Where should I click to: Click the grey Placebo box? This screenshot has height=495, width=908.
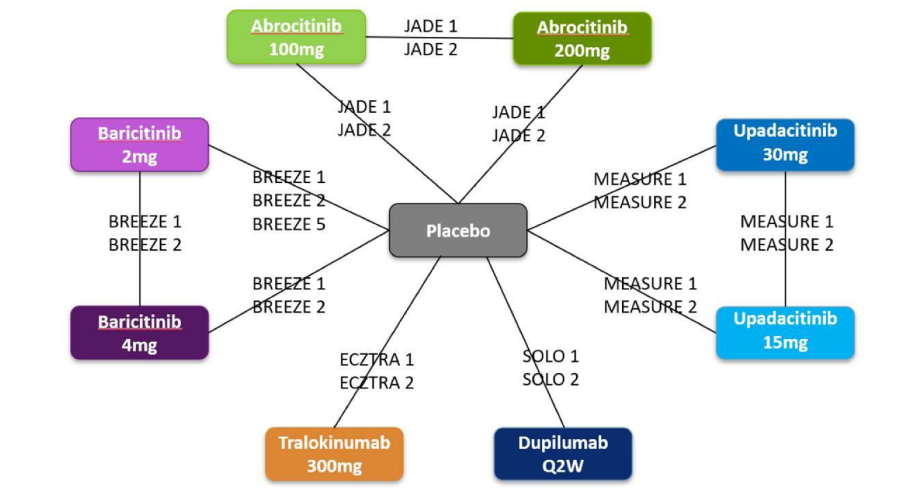click(x=458, y=230)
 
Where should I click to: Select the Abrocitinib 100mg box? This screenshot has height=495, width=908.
click(x=296, y=37)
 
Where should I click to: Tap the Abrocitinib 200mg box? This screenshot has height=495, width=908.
click(x=582, y=39)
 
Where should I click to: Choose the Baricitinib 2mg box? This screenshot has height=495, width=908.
click(x=139, y=145)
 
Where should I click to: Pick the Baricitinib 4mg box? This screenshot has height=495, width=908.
click(x=139, y=333)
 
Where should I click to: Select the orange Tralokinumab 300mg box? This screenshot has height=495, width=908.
click(x=334, y=454)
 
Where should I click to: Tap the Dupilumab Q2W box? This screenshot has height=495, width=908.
click(x=563, y=454)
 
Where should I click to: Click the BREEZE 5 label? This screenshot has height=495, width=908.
click(x=289, y=224)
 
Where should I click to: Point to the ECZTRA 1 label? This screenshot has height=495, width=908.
click(x=376, y=360)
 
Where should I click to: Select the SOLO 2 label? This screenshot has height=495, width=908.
click(x=550, y=379)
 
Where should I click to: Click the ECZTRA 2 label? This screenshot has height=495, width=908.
click(x=376, y=383)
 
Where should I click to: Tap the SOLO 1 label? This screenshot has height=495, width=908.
click(x=550, y=356)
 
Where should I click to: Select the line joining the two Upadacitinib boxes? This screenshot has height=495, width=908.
click(x=785, y=279)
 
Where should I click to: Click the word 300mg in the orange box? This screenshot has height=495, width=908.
click(x=334, y=466)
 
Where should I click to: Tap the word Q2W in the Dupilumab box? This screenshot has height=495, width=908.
click(x=563, y=466)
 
